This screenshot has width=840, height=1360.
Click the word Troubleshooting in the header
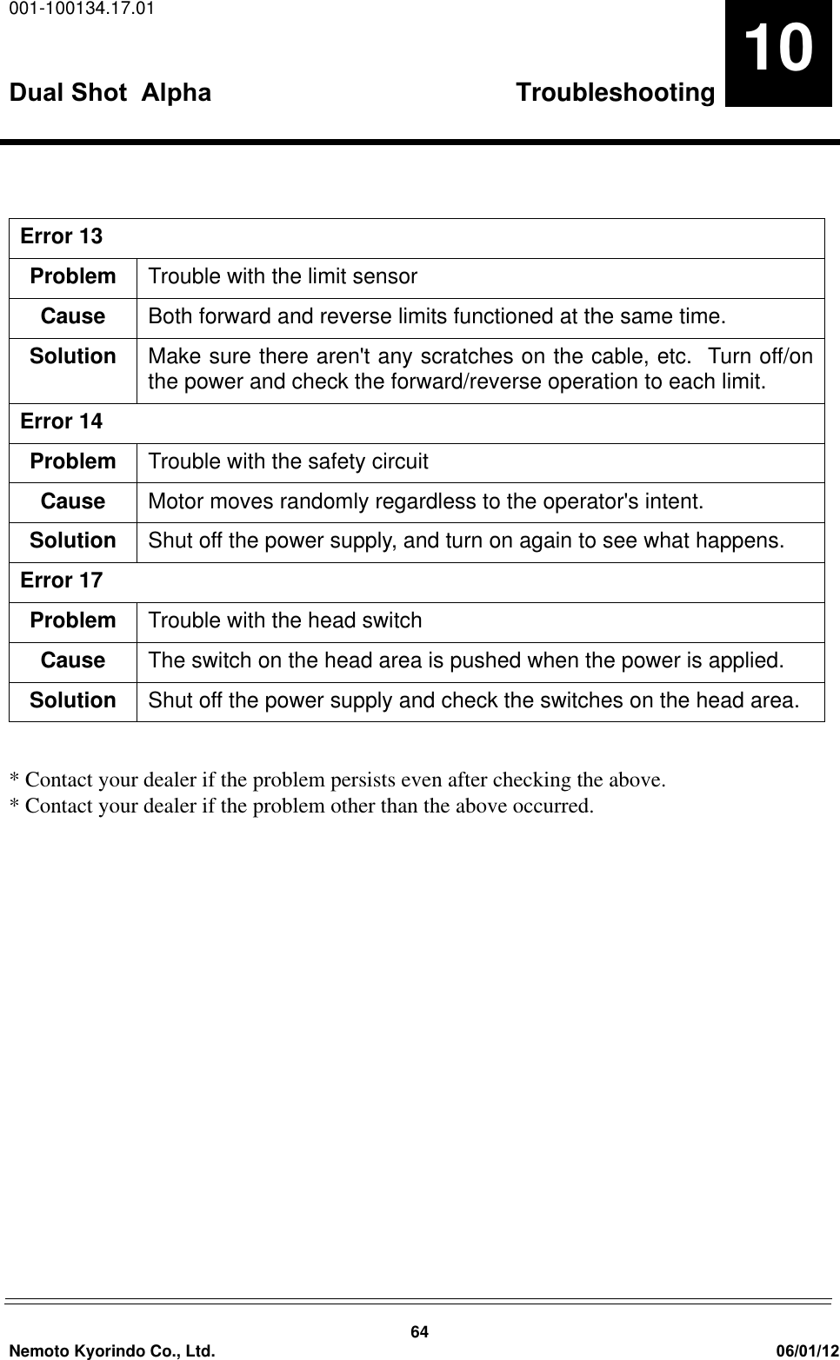point(615,92)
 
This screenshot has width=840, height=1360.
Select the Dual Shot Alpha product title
point(110,92)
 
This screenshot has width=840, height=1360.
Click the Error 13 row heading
point(61,236)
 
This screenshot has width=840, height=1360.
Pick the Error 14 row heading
point(61,421)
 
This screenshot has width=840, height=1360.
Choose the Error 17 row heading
point(61,580)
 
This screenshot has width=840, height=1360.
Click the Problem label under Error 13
point(73,276)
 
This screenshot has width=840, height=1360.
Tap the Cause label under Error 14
point(73,501)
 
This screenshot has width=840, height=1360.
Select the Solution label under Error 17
point(73,700)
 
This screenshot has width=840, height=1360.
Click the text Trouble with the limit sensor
point(283,276)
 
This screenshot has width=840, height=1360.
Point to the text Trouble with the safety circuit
point(288,461)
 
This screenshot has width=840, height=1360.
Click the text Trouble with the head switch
point(285,620)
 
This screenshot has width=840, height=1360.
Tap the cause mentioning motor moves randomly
point(426,501)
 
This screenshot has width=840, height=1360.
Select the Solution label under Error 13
point(73,356)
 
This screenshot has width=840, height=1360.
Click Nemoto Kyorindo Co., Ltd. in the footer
point(110,1350)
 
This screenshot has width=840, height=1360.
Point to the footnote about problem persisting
point(337,780)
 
